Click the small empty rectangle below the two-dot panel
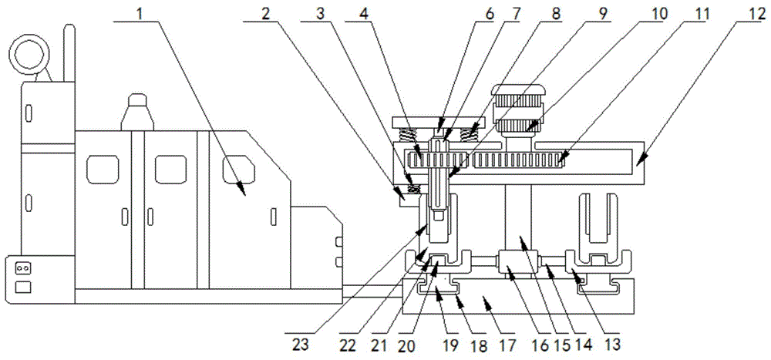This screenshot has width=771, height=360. [x=23, y=287]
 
